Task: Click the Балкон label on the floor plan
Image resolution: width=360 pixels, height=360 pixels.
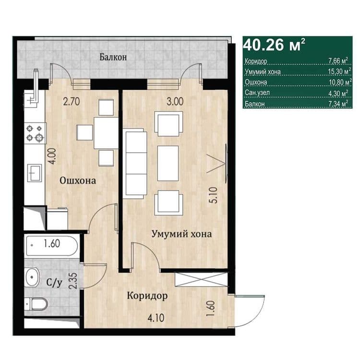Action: click(x=113, y=57)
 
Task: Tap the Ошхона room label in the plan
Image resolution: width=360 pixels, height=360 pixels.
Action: click(x=78, y=180)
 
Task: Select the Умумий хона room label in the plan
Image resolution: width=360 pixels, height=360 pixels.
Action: click(x=181, y=234)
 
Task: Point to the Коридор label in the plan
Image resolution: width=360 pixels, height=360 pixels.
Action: click(x=147, y=296)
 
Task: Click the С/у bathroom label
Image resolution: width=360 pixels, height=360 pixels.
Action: click(x=54, y=283)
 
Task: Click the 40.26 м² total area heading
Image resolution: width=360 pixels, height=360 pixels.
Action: click(x=274, y=45)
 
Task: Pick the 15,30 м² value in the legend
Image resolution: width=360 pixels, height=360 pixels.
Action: click(x=339, y=72)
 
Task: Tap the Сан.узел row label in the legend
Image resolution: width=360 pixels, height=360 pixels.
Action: click(x=257, y=93)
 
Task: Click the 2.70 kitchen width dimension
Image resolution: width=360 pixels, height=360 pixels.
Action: click(x=72, y=101)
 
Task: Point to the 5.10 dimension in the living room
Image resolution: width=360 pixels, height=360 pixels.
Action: click(x=213, y=195)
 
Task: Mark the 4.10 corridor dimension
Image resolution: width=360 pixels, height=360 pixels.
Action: click(x=156, y=318)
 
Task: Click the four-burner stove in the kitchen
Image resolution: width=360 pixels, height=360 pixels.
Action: click(x=35, y=133)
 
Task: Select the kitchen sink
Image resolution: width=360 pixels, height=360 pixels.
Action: click(x=35, y=173)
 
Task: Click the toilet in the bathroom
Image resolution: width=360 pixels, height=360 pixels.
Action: click(x=36, y=304)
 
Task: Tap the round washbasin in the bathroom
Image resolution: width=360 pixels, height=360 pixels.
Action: click(x=32, y=277)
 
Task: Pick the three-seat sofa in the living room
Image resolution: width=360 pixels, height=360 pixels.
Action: click(x=135, y=164)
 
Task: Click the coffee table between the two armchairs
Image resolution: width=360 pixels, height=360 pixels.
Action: click(x=168, y=163)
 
